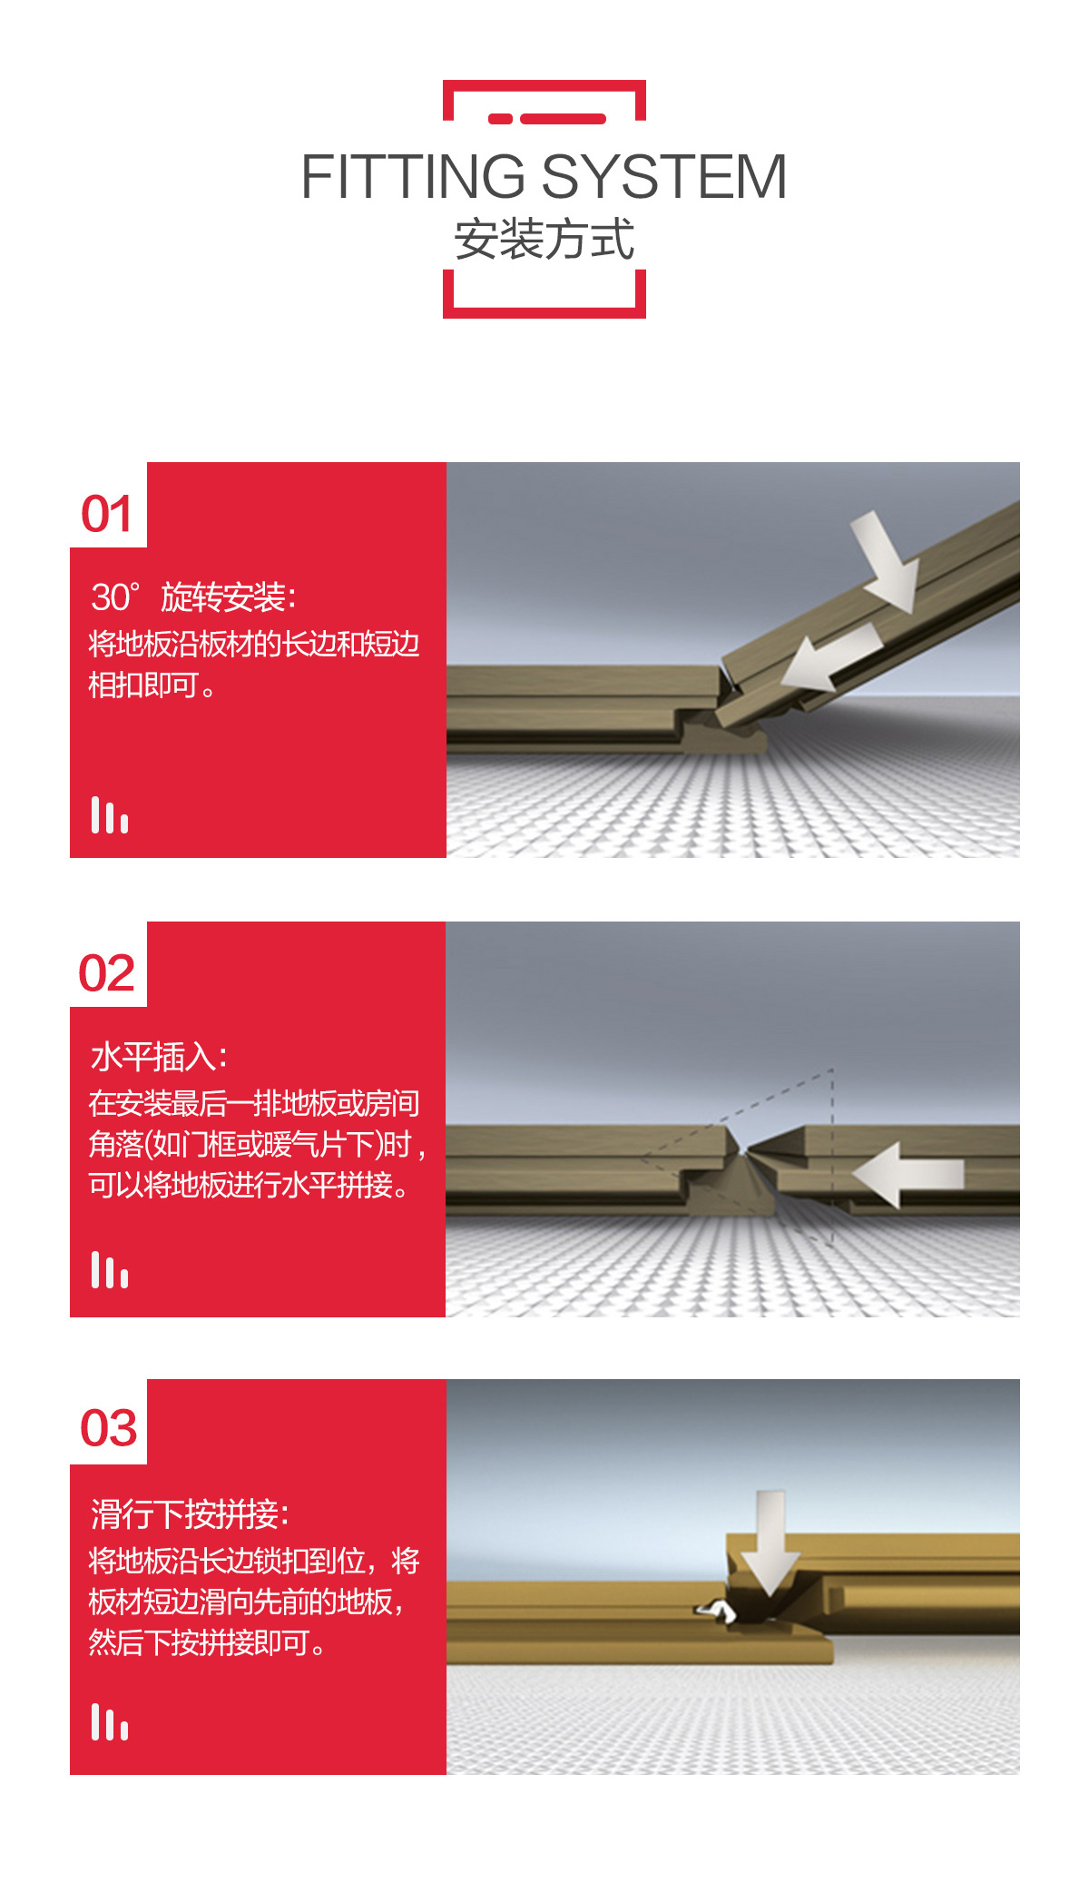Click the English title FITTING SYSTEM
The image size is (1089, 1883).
(x=544, y=176)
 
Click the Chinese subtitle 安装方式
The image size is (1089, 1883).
(x=544, y=240)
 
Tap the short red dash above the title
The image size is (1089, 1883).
(x=501, y=119)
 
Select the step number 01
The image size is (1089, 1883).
(x=107, y=514)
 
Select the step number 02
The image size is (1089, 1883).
(x=107, y=973)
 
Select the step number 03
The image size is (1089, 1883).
(x=109, y=1428)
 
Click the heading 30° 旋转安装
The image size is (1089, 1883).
(x=193, y=597)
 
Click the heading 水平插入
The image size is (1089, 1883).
(x=159, y=1057)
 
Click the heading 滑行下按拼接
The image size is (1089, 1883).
(x=190, y=1514)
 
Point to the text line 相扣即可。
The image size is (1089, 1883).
(x=152, y=685)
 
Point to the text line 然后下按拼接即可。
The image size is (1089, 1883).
(x=207, y=1642)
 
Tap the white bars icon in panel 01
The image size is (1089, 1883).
(x=110, y=814)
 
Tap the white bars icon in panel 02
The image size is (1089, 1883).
(x=110, y=1269)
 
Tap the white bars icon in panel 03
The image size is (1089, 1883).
(x=110, y=1721)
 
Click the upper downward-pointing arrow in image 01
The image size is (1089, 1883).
(x=888, y=560)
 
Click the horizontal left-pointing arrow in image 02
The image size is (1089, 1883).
(x=907, y=1175)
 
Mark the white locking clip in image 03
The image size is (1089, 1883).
(x=717, y=1611)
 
